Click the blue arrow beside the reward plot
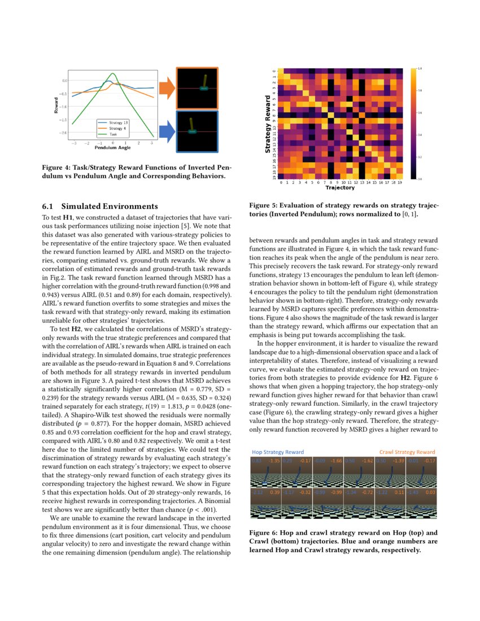point(166,132)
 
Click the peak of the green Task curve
point(114,73)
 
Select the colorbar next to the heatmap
point(414,123)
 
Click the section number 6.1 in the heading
point(49,206)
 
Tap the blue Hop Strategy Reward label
point(278,452)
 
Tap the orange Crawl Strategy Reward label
point(407,452)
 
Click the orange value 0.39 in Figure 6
point(276,492)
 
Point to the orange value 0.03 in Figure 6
point(430,492)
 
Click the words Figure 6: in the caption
point(264,532)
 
